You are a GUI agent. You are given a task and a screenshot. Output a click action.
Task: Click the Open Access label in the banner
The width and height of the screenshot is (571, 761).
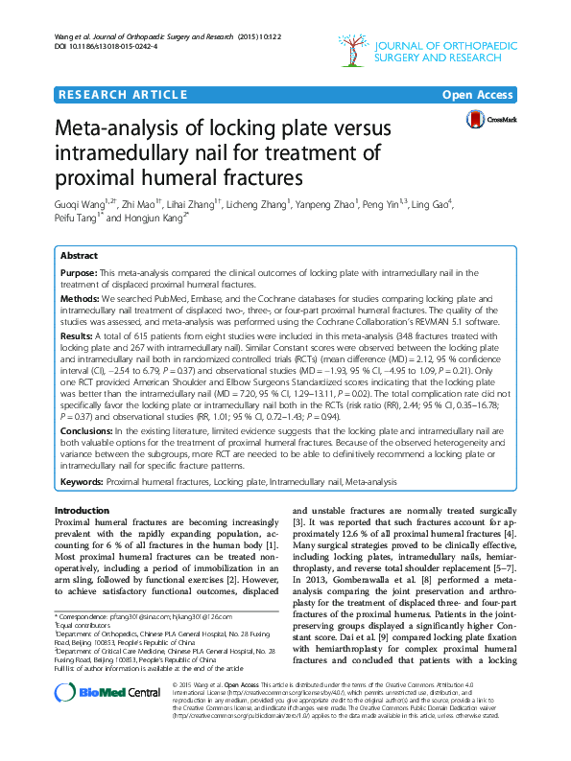[480, 95]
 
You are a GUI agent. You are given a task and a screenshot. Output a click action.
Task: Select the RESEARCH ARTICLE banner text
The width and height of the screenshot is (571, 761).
[123, 95]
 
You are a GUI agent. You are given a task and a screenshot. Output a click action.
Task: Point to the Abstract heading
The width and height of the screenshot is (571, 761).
[79, 257]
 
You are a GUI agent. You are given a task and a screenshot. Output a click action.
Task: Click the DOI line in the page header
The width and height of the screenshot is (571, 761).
[105, 45]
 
